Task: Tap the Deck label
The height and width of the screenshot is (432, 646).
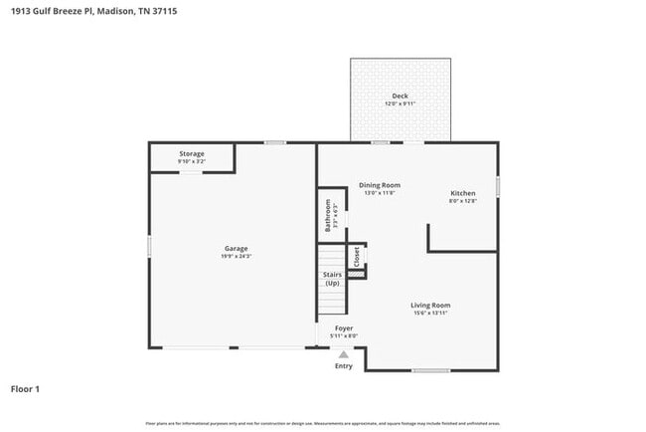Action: click(x=400, y=97)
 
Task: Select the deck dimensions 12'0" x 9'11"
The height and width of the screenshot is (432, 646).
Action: click(x=400, y=105)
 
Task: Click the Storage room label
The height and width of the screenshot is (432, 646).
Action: click(x=192, y=153)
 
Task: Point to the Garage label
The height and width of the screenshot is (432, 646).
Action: click(x=236, y=248)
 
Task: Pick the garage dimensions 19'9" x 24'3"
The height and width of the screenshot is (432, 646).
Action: click(x=236, y=256)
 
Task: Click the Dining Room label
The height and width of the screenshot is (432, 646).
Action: click(x=380, y=185)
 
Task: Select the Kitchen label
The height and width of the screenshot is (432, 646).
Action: click(x=463, y=193)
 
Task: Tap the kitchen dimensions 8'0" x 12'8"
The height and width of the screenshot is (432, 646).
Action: click(x=463, y=201)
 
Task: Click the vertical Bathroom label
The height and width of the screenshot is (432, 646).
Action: click(x=327, y=214)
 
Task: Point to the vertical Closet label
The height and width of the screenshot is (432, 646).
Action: click(x=356, y=256)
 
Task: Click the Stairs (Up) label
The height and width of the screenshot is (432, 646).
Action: click(x=332, y=279)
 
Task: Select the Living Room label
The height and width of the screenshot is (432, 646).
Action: click(x=431, y=305)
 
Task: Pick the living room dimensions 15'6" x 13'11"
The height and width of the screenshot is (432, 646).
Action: click(x=431, y=313)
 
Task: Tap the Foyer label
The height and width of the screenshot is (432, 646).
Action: click(x=344, y=327)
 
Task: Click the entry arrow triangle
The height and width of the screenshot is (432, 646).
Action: click(x=344, y=353)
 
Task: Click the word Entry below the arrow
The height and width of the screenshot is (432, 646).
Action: click(x=344, y=365)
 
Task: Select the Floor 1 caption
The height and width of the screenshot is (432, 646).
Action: click(x=26, y=389)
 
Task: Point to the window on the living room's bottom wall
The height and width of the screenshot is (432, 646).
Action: click(x=431, y=371)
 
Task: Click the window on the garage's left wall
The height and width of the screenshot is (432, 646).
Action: click(x=149, y=245)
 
